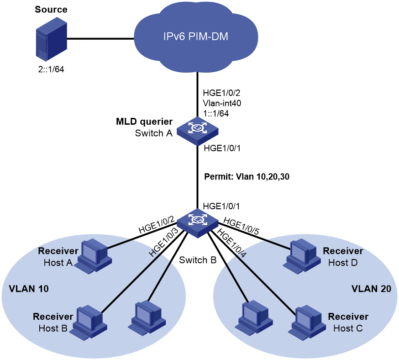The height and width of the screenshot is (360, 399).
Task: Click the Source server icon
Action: (x=51, y=39)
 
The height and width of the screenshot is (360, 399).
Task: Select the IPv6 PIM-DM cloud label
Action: (x=196, y=37)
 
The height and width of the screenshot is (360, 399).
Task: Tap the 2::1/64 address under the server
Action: (x=51, y=69)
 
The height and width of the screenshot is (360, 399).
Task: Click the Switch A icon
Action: (x=198, y=132)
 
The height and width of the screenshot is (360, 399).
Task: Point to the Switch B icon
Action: (x=198, y=223)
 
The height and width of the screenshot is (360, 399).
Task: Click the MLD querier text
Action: (x=144, y=122)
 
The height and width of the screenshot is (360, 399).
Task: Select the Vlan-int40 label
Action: (x=222, y=103)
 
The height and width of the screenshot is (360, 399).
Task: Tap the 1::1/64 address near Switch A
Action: (x=216, y=113)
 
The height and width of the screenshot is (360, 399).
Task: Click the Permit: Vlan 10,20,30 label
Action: (x=247, y=176)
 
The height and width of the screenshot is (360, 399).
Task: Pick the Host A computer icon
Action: (x=94, y=256)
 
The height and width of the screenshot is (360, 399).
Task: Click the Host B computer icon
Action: (x=90, y=322)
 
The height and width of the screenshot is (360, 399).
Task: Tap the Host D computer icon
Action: (x=302, y=256)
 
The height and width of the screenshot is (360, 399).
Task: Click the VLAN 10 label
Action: (x=29, y=289)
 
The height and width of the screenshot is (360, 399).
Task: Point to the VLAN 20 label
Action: (x=371, y=289)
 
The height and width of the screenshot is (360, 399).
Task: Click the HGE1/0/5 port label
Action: (x=241, y=226)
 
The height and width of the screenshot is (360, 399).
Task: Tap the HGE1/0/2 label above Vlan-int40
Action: (x=221, y=93)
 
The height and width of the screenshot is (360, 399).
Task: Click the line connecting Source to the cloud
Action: (x=100, y=39)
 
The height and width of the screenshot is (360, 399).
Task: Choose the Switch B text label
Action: (x=198, y=260)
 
